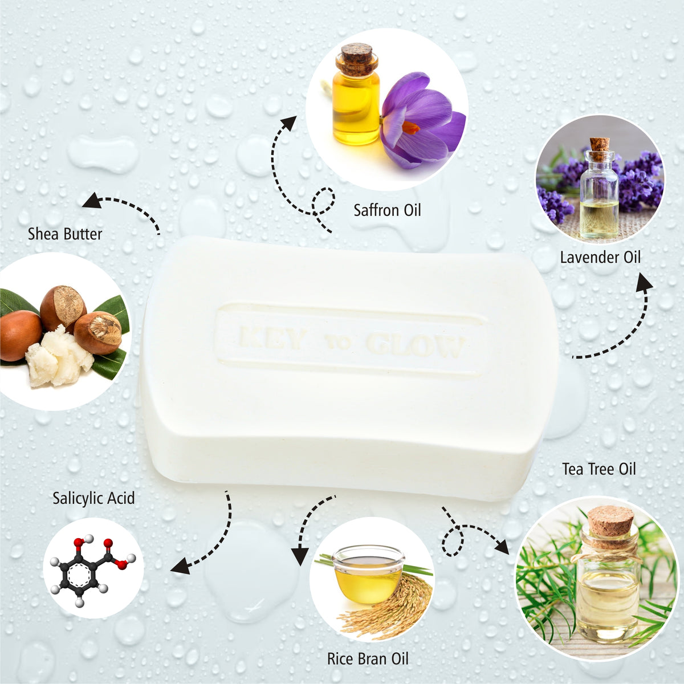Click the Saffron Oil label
387,210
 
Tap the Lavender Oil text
600,257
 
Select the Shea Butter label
65,234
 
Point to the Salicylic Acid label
93,498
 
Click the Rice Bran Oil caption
368,659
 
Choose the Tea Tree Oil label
598,469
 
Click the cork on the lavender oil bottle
599,143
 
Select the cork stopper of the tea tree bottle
610,520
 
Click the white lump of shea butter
57,357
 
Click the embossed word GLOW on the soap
415,344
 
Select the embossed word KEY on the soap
272,339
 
